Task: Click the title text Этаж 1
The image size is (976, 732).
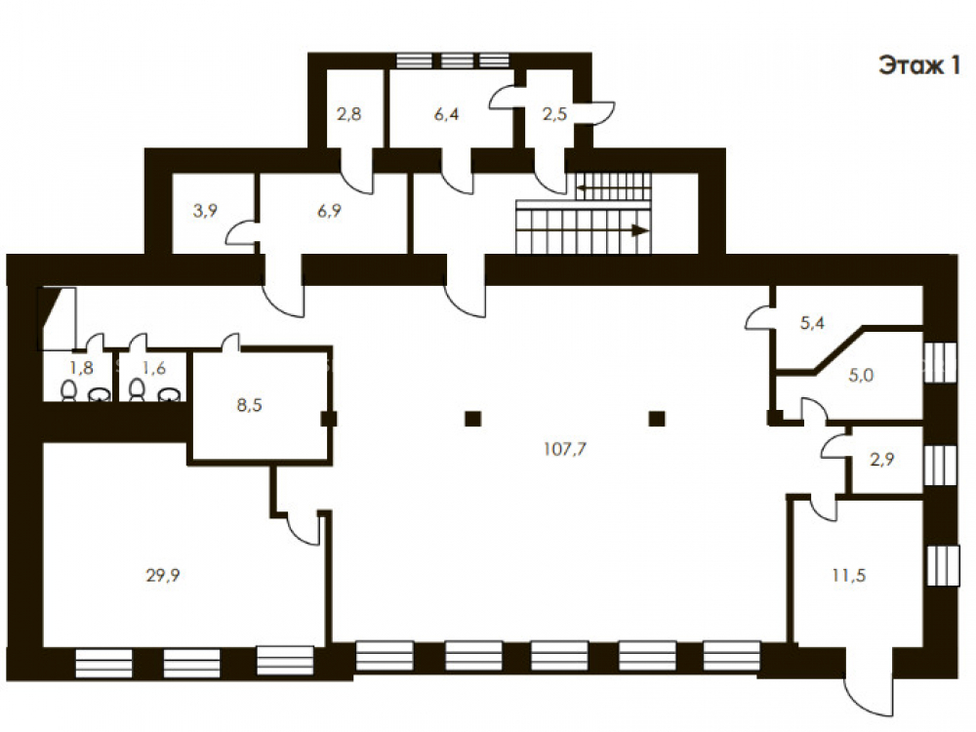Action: (919, 65)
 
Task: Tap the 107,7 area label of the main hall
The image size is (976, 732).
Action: (564, 449)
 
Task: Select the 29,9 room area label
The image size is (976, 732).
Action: (163, 575)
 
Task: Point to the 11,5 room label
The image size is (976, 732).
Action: (849, 575)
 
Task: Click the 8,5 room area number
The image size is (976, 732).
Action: (250, 405)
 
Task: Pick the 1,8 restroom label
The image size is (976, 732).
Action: (82, 368)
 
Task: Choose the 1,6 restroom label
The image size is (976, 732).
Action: (154, 368)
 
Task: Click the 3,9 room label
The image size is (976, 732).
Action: (205, 211)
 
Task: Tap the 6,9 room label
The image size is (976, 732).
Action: (329, 211)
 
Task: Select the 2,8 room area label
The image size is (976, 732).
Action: (348, 114)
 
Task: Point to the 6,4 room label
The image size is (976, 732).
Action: (446, 114)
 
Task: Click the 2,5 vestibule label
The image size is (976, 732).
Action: (554, 114)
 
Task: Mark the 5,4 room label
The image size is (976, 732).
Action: (812, 322)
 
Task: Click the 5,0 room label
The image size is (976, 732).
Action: (861, 376)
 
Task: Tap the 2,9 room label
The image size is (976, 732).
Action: (882, 460)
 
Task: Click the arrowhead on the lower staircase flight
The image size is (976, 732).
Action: (640, 230)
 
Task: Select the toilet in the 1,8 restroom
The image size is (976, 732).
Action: (69, 391)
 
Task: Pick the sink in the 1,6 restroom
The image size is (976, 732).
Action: (170, 394)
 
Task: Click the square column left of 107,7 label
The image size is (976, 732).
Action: (473, 419)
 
